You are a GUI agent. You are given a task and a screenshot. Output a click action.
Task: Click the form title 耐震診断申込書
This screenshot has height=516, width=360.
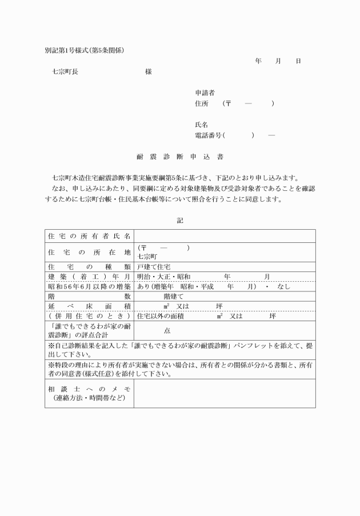click(x=180, y=155)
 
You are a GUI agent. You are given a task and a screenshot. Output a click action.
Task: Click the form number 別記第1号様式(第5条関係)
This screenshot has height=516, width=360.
click(x=85, y=50)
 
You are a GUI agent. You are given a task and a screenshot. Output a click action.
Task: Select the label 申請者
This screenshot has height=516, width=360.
click(x=205, y=93)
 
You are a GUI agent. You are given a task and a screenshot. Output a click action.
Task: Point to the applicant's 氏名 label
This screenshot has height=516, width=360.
click(x=201, y=124)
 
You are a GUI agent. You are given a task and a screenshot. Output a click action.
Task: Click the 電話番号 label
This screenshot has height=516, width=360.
click(x=210, y=135)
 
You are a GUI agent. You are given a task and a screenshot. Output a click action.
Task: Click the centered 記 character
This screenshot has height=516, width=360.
click(x=180, y=220)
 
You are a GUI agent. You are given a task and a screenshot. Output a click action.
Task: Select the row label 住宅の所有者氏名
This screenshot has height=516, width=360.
click(x=89, y=235)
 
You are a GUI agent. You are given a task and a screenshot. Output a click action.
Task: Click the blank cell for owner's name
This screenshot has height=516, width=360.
click(x=225, y=235)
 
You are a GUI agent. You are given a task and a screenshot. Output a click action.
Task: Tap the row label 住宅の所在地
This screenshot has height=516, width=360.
click(x=89, y=252)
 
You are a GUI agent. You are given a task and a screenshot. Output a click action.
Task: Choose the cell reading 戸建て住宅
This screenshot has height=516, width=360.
click(x=154, y=267)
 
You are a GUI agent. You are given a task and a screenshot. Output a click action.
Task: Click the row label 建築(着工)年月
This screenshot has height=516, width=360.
click(x=89, y=277)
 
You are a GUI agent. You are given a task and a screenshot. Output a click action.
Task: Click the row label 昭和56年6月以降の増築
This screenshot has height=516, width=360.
click(x=89, y=286)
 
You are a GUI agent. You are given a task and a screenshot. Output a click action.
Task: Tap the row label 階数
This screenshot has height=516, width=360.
click(x=89, y=297)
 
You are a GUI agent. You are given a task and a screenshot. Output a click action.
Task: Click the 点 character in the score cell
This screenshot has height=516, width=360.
click(x=167, y=330)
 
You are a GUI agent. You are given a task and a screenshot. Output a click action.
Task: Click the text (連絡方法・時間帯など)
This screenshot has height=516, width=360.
click(x=89, y=397)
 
